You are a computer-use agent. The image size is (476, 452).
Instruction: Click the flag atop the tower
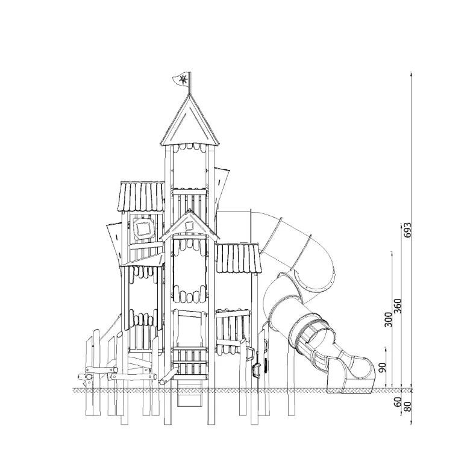click(x=181, y=80)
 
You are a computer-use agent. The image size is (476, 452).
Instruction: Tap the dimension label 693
click(x=409, y=230)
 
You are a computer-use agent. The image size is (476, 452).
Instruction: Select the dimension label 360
click(x=398, y=306)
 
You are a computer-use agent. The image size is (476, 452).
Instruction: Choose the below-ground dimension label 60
click(x=398, y=402)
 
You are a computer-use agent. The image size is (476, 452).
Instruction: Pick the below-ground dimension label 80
click(x=408, y=406)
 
